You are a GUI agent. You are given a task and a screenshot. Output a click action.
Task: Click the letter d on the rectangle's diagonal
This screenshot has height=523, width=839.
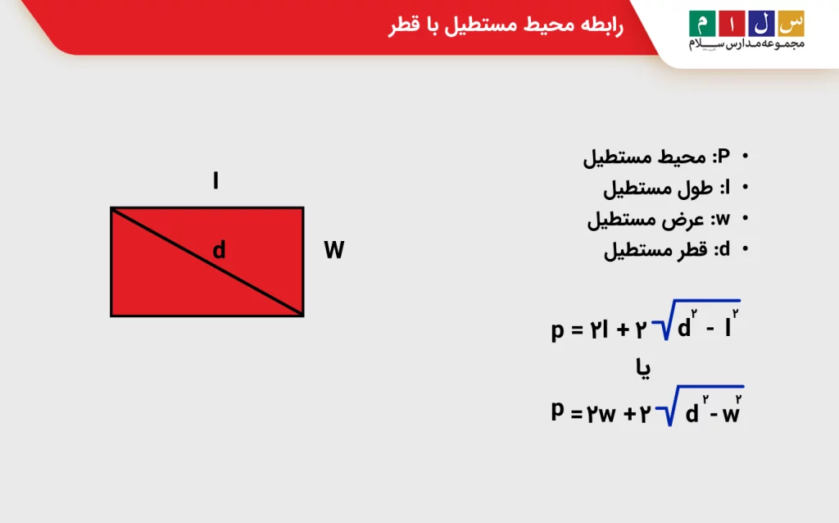(219, 250)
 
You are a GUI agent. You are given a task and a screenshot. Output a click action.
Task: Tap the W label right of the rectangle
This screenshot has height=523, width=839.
(333, 250)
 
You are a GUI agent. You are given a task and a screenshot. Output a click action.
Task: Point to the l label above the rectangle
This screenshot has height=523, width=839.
(215, 181)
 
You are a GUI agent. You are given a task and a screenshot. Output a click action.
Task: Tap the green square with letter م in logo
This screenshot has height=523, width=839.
(701, 23)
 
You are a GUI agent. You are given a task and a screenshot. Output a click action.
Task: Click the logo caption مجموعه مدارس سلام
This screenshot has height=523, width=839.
(747, 44)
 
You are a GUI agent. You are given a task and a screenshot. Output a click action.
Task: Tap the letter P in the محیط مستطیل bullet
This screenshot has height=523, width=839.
(723, 157)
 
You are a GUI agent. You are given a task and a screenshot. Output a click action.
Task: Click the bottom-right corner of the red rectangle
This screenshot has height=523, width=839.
(303, 316)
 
